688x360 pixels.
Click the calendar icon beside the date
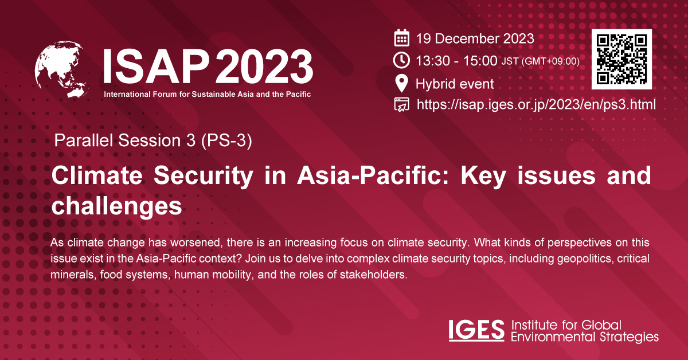(402, 39)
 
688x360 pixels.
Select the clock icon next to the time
(402, 60)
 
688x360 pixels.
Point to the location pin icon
(402, 84)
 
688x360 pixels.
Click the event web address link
(536, 104)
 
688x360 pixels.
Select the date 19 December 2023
(475, 39)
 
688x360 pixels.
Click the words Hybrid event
(455, 84)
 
